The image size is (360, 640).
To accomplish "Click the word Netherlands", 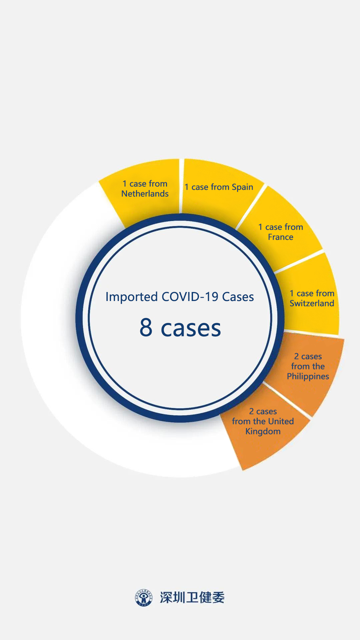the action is point(145,194).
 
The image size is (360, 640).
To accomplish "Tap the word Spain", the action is point(242,187).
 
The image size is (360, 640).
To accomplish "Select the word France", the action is point(281,237).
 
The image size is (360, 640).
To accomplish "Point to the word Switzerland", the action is point(312,303).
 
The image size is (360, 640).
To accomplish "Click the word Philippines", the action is point(308,377).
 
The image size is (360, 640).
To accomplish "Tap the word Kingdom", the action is point(263,432).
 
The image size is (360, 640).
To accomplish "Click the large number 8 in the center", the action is point(146,327).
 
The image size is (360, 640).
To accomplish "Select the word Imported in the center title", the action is point(132,297).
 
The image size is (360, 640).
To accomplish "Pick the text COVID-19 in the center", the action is point(190,297).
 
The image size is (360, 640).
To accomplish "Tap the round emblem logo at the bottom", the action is point(144,597).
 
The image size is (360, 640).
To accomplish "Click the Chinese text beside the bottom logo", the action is point(192,597).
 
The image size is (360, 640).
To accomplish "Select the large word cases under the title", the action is point(191,328).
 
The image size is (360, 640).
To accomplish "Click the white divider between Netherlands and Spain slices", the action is point(181,186).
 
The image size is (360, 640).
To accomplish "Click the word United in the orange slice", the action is point(282,421).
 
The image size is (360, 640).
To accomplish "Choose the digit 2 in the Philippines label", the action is point(296,357).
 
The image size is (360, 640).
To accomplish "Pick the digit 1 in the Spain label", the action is point(187,187).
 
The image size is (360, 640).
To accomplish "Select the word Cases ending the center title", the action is point(238,297).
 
